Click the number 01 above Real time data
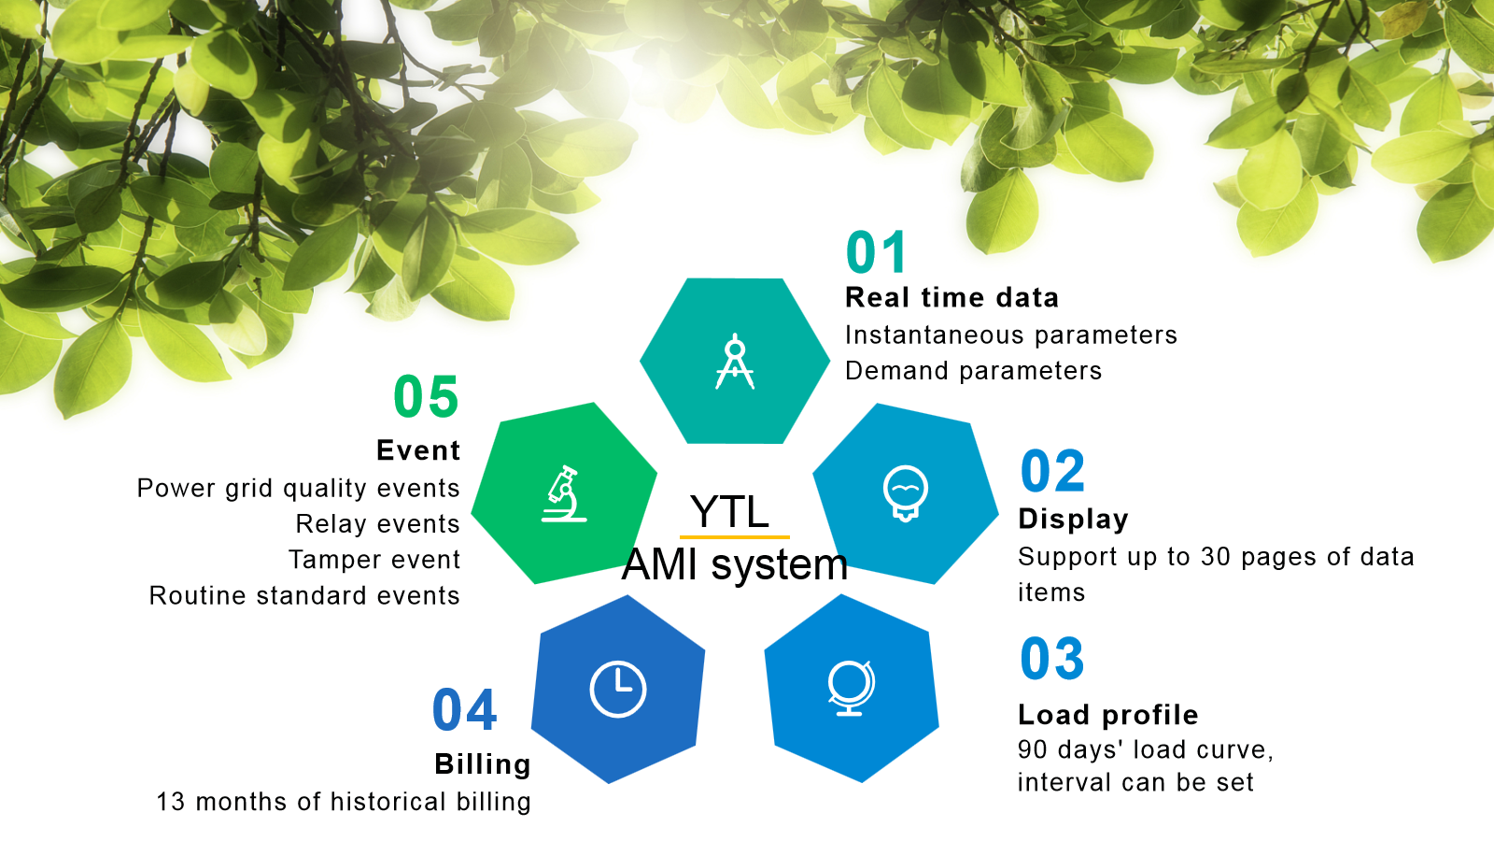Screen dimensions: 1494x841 pos(876,252)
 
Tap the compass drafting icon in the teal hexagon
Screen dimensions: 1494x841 pos(734,361)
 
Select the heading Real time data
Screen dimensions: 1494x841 pos(951,298)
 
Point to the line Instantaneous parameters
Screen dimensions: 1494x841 pos(1011,335)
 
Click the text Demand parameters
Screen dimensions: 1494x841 pos(973,371)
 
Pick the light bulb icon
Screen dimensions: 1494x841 pos(905,493)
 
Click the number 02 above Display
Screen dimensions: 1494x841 pos(1052,471)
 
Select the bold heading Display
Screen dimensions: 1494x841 pos(1073,520)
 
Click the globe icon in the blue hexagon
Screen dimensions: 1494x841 pos(851,688)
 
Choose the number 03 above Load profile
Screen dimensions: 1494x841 pos(1052,659)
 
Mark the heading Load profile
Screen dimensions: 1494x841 pos(1107,715)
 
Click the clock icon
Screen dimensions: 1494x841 pos(617,690)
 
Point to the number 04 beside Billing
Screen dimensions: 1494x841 pos(464,709)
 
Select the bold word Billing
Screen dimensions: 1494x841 pos(482,764)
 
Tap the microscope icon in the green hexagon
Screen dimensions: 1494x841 pos(564,494)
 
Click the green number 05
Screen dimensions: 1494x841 pos(426,396)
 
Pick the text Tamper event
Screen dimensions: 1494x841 pos(374,560)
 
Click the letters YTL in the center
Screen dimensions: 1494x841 pos(729,512)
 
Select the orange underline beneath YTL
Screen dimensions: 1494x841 pos(734,536)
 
